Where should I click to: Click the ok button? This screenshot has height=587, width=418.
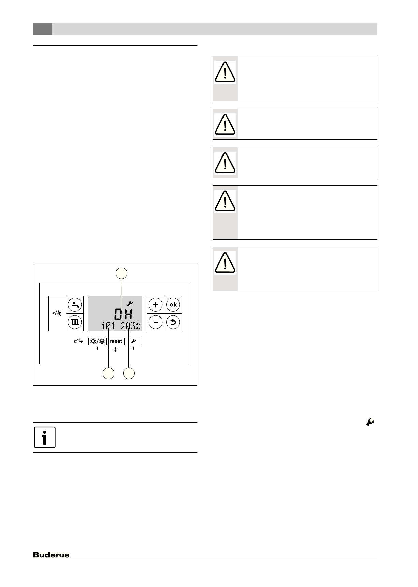pyautogui.click(x=173, y=305)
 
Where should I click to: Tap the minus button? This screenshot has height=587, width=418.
pyautogui.click(x=156, y=322)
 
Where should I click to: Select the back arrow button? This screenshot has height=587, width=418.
pyautogui.click(x=173, y=322)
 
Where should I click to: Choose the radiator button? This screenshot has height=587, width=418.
pyautogui.click(x=75, y=322)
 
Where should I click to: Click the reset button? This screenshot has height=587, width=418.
pyautogui.click(x=116, y=341)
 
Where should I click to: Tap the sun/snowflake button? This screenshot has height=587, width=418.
pyautogui.click(x=97, y=341)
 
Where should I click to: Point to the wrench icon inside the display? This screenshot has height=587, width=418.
pyautogui.click(x=129, y=303)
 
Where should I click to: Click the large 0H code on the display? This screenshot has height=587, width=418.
pyautogui.click(x=123, y=314)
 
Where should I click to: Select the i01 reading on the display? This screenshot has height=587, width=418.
pyautogui.click(x=108, y=326)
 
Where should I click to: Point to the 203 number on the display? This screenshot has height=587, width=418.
pyautogui.click(x=128, y=326)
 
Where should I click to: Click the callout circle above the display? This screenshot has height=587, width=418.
pyautogui.click(x=121, y=273)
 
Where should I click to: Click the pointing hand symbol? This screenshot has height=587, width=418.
pyautogui.click(x=78, y=341)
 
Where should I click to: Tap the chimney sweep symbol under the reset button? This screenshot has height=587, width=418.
pyautogui.click(x=115, y=350)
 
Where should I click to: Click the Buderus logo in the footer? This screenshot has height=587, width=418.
pyautogui.click(x=51, y=555)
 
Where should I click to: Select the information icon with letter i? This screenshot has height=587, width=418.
pyautogui.click(x=45, y=437)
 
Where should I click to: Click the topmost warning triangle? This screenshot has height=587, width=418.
pyautogui.click(x=225, y=72)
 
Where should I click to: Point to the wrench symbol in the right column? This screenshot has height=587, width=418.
pyautogui.click(x=370, y=422)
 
